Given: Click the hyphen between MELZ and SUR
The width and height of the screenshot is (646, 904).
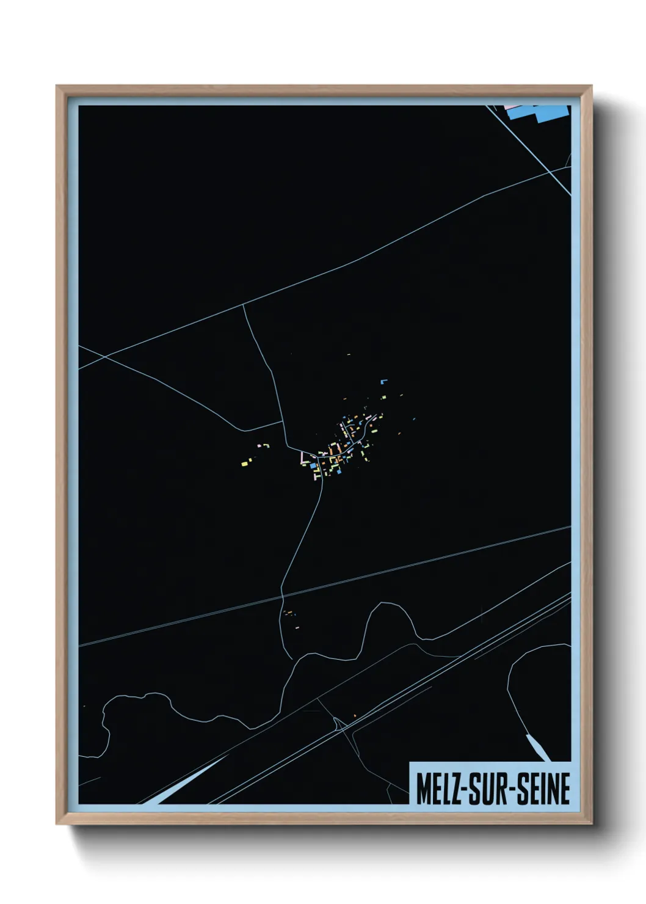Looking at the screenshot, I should (473, 789).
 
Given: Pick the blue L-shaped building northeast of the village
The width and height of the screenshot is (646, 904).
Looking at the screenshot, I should (383, 381).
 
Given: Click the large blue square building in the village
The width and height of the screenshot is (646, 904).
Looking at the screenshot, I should (313, 466).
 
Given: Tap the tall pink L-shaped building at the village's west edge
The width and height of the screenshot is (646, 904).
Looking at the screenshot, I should (302, 457).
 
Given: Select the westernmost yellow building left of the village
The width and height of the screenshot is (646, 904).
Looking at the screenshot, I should (244, 464).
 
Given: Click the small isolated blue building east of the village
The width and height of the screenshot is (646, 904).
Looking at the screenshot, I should (414, 419).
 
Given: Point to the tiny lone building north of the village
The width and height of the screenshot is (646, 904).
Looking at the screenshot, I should (349, 354).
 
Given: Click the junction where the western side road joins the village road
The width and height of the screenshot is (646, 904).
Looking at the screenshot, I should (283, 421).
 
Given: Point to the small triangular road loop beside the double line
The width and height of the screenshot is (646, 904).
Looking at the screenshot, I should (338, 725).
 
